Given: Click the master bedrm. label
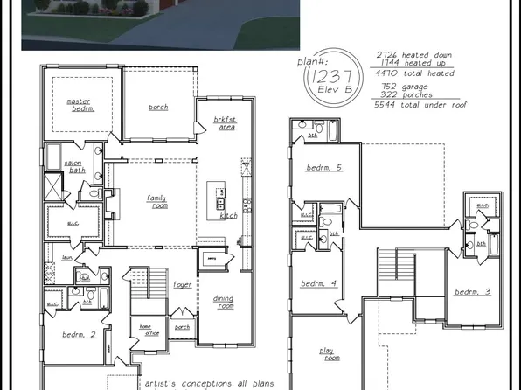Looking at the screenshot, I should point(79,105).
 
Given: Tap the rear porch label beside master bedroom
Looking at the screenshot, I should point(158,108).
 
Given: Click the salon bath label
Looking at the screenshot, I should point(77,167).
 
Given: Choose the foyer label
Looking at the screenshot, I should point(183,285).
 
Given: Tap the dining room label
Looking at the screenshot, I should point(224,303).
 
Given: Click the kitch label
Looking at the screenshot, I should point(229,215).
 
